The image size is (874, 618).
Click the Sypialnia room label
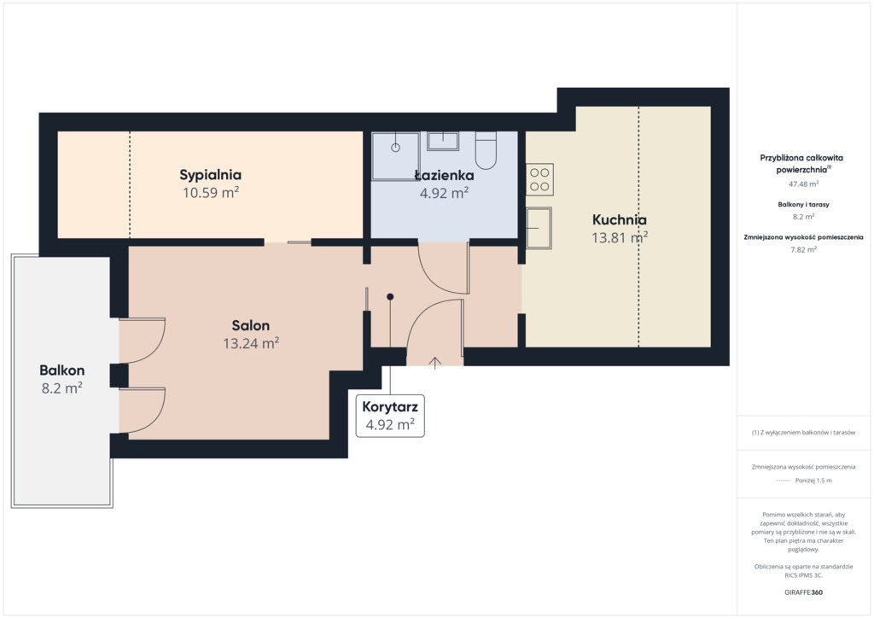210,175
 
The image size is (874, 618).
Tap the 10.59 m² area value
211,193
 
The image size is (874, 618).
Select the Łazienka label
444,176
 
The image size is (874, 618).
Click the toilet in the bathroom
486,150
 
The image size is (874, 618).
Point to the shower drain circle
395,148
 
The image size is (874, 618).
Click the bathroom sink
443,141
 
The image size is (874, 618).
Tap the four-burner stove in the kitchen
539,179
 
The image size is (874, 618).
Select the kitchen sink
539,228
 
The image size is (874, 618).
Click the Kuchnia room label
620,219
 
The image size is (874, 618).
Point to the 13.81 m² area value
620,238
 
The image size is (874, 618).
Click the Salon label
251,325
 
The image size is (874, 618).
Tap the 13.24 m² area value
251,343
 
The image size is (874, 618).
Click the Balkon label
61,370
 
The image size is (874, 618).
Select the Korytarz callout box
390,416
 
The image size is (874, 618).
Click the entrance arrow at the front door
434,363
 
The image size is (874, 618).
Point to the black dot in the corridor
390,297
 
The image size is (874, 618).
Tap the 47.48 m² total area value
803,184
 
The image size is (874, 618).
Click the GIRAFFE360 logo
803,592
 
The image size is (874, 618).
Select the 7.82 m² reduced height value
803,249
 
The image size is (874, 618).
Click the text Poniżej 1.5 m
813,481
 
